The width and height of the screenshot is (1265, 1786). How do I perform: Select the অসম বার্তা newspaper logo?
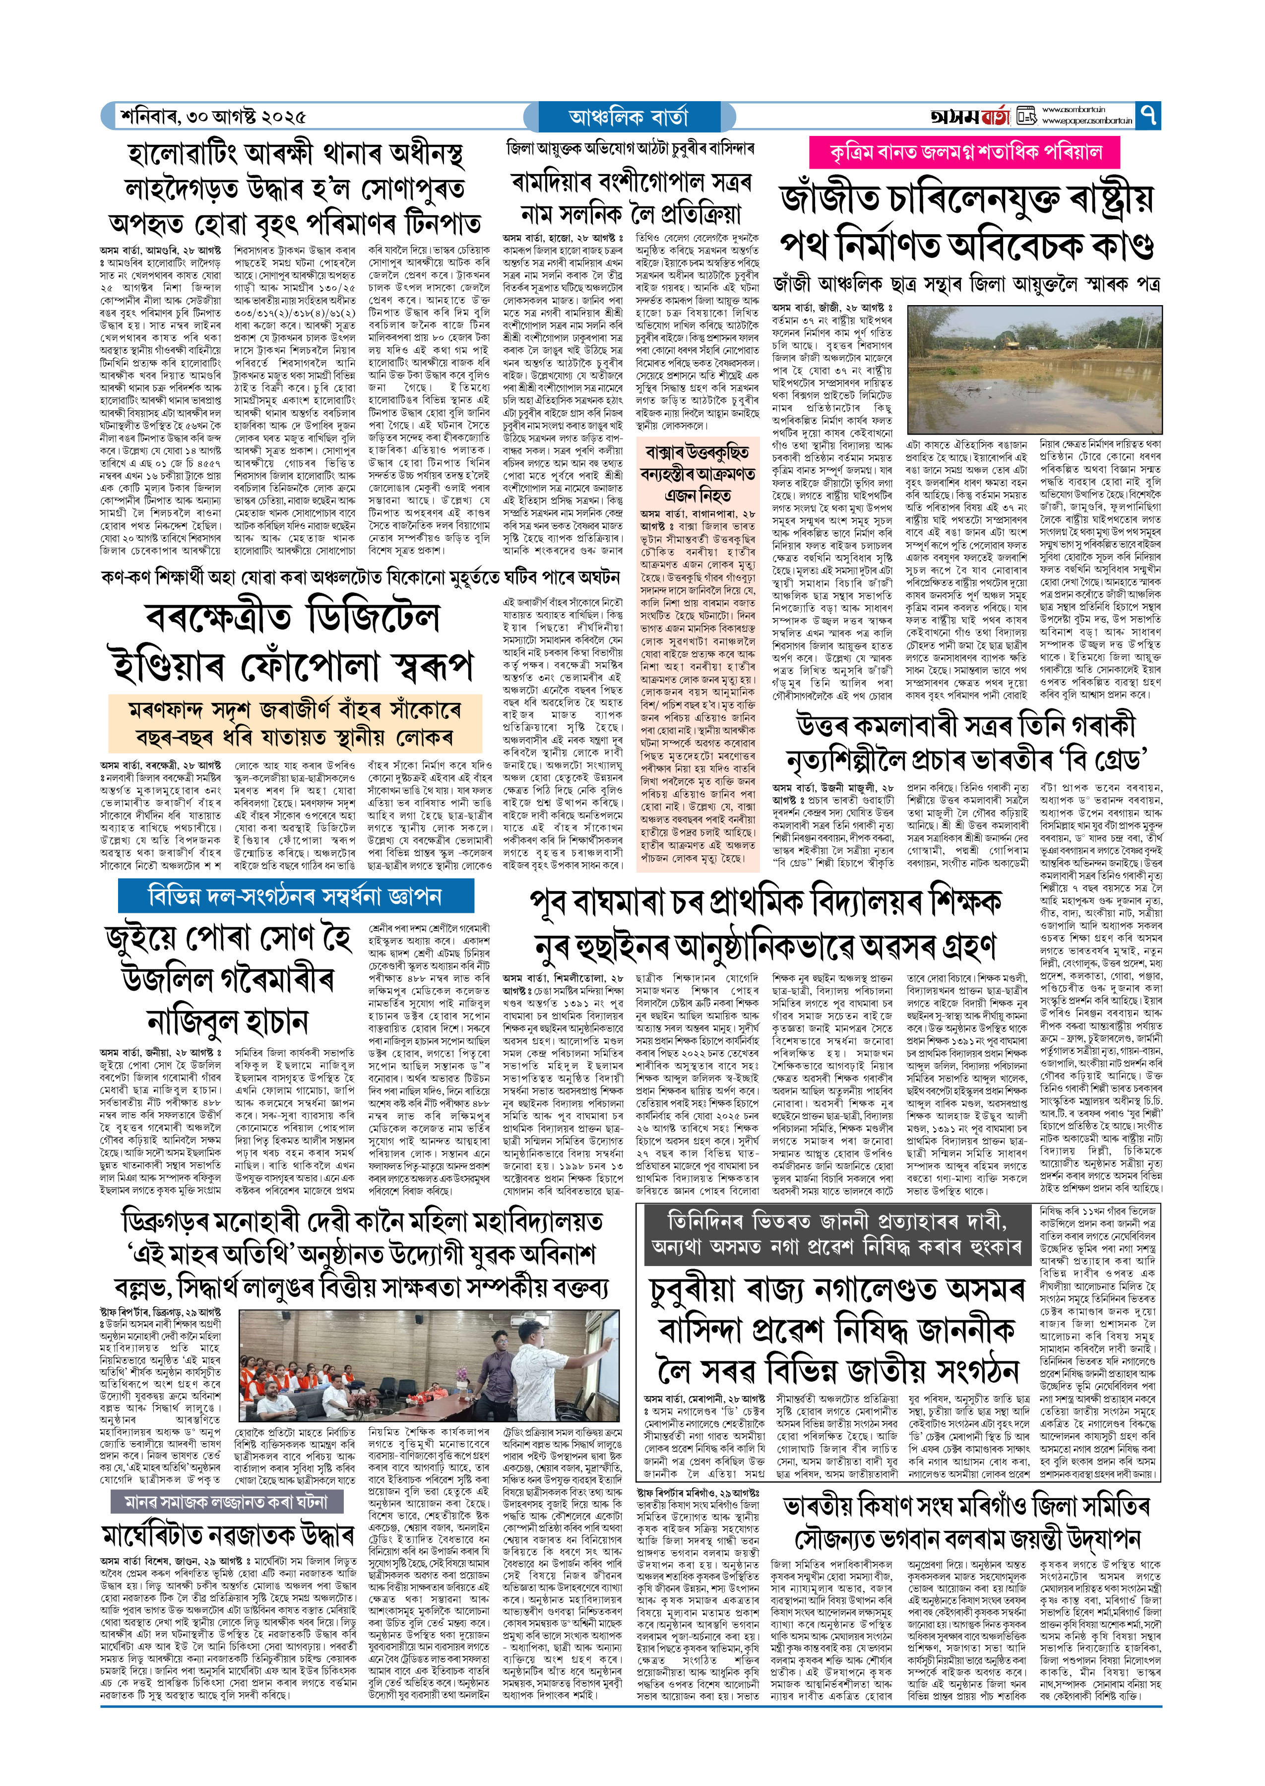[970, 117]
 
